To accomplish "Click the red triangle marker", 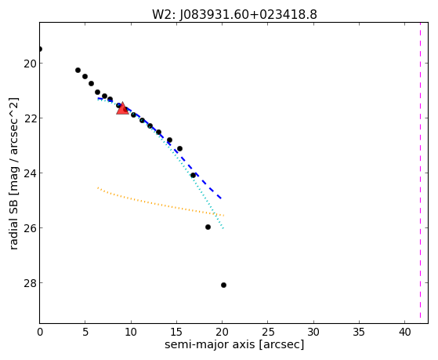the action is [122, 109].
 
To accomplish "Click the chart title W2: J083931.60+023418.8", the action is [234, 14].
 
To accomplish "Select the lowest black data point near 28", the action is [223, 285].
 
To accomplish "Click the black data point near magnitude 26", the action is [208, 227].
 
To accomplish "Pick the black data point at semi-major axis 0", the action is [40, 49].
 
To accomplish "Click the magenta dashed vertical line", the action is [420, 173].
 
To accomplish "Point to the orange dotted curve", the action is [161, 205].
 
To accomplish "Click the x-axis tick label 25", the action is [268, 332].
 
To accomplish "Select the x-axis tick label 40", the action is [405, 332].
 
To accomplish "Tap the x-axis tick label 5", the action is [85, 332].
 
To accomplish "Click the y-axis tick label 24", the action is [29, 173].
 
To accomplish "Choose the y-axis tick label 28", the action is [29, 283].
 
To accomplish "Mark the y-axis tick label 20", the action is [29, 64].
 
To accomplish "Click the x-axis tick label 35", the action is [359, 332].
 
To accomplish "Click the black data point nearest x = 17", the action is [193, 176].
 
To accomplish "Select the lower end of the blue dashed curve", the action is [222, 198].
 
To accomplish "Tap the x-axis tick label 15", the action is [176, 332].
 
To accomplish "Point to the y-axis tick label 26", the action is [29, 228].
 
